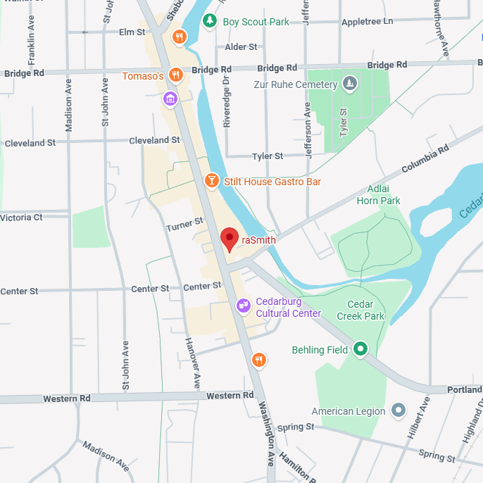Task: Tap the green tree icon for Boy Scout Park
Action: [x=210, y=21]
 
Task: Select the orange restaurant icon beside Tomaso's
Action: [x=176, y=75]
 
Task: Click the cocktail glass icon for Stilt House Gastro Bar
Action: [x=211, y=181]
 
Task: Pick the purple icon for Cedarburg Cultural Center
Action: [x=243, y=306]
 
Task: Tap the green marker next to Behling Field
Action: [x=360, y=349]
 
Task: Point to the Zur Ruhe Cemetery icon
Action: [x=350, y=85]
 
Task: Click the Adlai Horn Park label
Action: [x=378, y=195]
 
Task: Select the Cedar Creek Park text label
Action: [x=360, y=310]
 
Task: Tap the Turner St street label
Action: [x=184, y=224]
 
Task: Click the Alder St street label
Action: [x=241, y=46]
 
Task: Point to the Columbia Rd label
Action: [x=425, y=161]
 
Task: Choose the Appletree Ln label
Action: [x=367, y=22]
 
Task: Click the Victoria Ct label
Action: [x=21, y=217]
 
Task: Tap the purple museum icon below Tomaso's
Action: [x=170, y=98]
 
